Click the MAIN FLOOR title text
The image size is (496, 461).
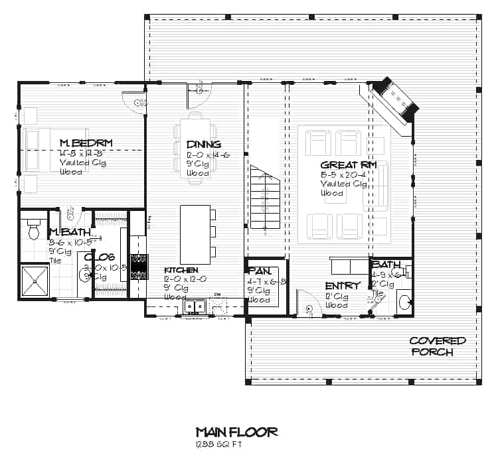pos(236,432)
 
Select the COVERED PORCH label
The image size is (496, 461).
pos(437,346)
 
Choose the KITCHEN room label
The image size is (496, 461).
pos(181,270)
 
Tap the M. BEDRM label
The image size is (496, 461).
pos(86,143)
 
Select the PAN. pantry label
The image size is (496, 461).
pos(258,271)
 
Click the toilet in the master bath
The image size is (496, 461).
pos(34,229)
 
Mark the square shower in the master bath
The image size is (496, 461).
pos(35,281)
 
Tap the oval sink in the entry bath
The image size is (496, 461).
pos(403,302)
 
